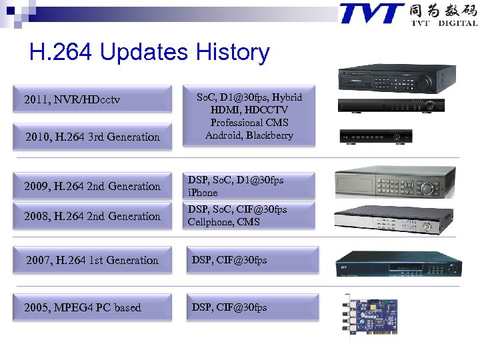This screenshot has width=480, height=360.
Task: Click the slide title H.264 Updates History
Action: pyautogui.click(x=149, y=53)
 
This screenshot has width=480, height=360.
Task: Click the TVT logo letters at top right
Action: pyautogui.click(x=371, y=13)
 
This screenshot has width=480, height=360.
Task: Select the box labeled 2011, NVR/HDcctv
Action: pyautogui.click(x=91, y=100)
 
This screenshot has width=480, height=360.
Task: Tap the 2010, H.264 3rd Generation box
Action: pyautogui.click(x=91, y=137)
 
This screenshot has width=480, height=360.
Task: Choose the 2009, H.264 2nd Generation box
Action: pyautogui.click(x=91, y=186)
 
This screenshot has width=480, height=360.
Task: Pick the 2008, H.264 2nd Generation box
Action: pyautogui.click(x=91, y=216)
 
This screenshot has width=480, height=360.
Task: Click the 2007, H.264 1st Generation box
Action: pyautogui.click(x=91, y=260)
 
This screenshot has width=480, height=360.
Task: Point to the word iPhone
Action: pyautogui.click(x=203, y=193)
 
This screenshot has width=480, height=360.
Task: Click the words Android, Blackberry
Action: pyautogui.click(x=249, y=135)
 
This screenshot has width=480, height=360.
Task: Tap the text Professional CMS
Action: pyautogui.click(x=249, y=123)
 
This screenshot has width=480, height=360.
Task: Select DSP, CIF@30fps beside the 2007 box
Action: pyautogui.click(x=229, y=260)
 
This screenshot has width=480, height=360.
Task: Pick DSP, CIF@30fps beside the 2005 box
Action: pyautogui.click(x=229, y=307)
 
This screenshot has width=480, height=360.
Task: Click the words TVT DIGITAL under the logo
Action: pyautogui.click(x=443, y=23)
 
